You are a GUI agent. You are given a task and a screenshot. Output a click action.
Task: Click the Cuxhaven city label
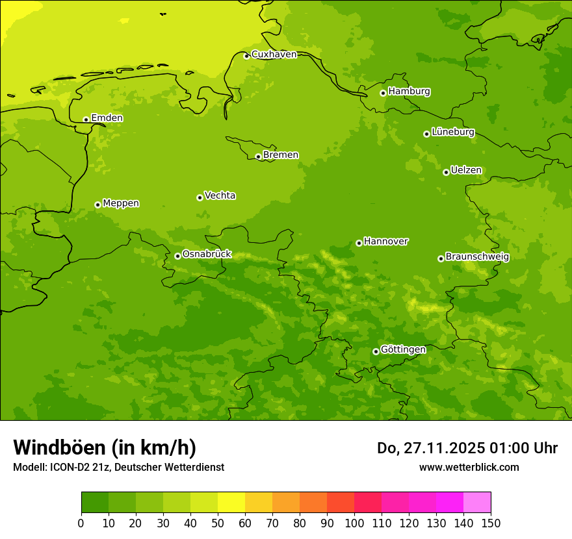click(274, 55)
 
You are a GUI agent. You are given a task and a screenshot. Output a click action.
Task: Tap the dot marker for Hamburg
click(383, 93)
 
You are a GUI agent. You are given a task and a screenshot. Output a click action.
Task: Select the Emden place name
click(107, 118)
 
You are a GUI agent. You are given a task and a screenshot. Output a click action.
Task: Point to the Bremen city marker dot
click(258, 157)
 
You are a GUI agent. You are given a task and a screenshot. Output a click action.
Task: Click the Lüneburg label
click(452, 132)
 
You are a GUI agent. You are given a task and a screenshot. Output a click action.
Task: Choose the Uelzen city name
click(466, 171)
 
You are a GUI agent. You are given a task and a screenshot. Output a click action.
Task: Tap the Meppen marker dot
click(97, 205)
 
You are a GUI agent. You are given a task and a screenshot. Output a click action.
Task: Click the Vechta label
click(220, 195)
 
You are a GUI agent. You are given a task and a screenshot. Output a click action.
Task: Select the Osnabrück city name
click(207, 255)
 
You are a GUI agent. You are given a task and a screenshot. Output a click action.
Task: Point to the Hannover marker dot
click(359, 243)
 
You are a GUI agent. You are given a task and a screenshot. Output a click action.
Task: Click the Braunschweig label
click(477, 257)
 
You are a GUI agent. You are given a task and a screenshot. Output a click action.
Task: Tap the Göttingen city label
click(403, 350)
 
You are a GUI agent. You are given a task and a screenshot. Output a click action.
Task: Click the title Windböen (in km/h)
click(105, 448)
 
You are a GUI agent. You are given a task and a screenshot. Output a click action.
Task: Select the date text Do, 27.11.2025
click(430, 448)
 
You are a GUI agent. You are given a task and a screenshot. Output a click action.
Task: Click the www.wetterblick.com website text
click(469, 467)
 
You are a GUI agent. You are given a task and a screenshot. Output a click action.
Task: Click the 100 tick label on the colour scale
click(354, 523)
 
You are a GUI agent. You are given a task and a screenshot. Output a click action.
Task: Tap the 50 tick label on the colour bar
click(218, 523)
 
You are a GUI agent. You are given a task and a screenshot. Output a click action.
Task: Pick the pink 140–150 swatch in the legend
click(477, 502)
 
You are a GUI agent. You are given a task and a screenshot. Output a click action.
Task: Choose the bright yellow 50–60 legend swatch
click(231, 502)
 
